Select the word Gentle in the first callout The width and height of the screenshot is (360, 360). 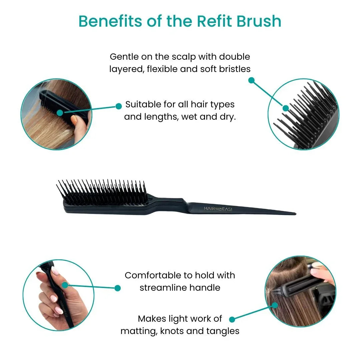[x=124, y=57]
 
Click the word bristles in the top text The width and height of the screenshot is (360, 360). [x=233, y=69]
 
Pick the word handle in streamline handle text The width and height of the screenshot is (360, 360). [x=205, y=287]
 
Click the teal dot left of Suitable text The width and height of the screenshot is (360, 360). [x=118, y=106]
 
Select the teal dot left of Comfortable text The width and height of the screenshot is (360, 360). [x=118, y=288]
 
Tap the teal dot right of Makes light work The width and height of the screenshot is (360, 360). [x=232, y=319]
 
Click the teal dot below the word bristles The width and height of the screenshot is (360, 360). [x=252, y=80]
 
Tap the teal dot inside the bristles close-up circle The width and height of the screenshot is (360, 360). [x=286, y=108]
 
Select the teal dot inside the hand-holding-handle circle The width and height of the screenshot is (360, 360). [x=65, y=285]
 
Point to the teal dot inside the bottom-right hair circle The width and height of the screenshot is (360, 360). [x=275, y=305]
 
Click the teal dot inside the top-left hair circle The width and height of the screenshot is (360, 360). [x=60, y=113]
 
